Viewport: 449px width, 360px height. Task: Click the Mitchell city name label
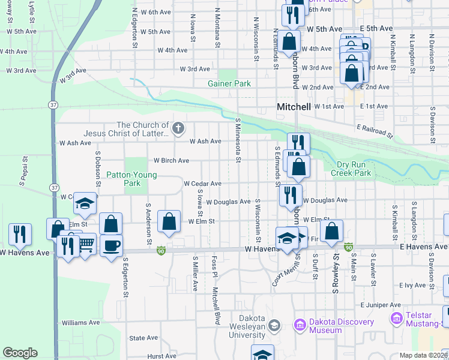point(294,107)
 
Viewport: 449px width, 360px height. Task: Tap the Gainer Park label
point(229,84)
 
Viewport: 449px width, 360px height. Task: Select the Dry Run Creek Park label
point(351,169)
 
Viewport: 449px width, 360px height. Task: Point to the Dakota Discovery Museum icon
point(298,325)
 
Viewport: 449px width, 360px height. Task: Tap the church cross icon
point(178,127)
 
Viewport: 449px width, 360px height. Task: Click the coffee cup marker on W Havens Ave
point(111,245)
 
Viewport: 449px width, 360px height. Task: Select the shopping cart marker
point(86,243)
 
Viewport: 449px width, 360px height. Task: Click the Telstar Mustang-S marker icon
point(396,317)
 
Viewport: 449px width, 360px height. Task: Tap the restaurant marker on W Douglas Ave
point(289,195)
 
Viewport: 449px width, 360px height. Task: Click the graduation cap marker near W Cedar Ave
point(85,204)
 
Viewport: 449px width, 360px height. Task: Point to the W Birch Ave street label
point(171,161)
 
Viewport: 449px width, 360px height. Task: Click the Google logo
point(20,353)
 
